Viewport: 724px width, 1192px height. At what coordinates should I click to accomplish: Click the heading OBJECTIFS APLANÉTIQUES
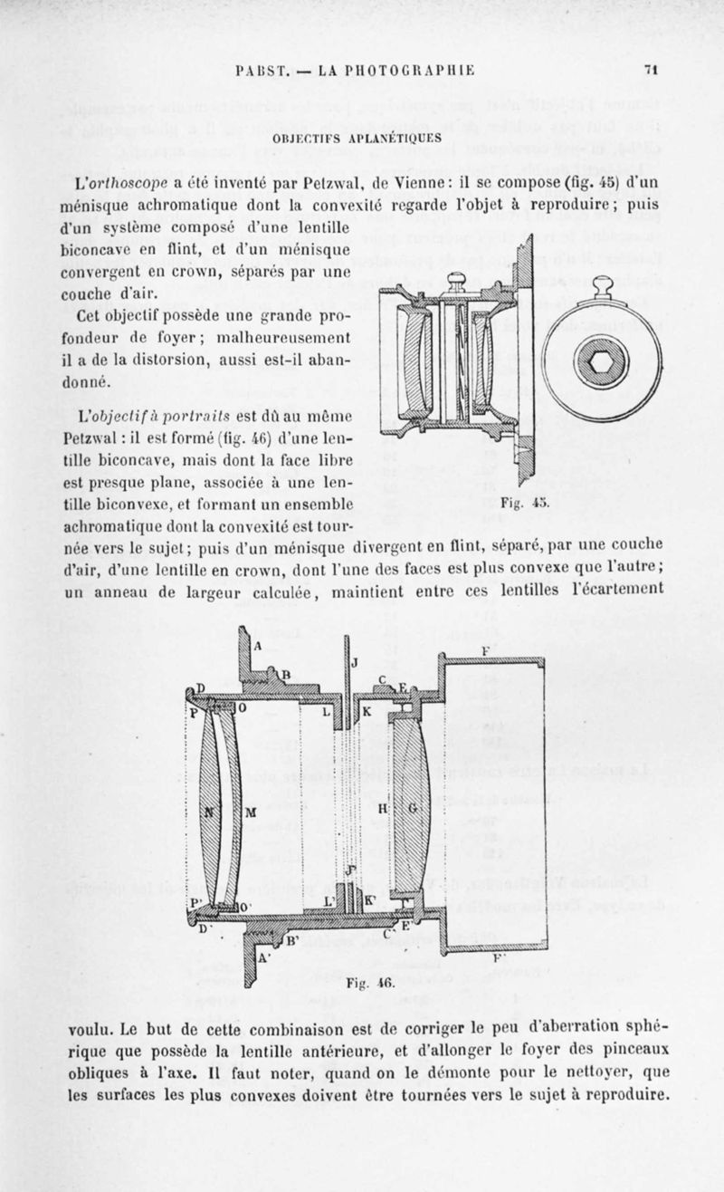tap(362, 138)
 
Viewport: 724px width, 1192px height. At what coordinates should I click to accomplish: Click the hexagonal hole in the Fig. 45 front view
tap(601, 361)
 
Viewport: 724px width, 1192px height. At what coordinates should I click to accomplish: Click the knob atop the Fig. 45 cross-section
tap(457, 280)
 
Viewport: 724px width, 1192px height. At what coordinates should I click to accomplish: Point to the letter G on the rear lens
tap(414, 807)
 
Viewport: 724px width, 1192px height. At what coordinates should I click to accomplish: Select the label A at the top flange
tap(258, 646)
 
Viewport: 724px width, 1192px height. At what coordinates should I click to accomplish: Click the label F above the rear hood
tap(486, 649)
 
